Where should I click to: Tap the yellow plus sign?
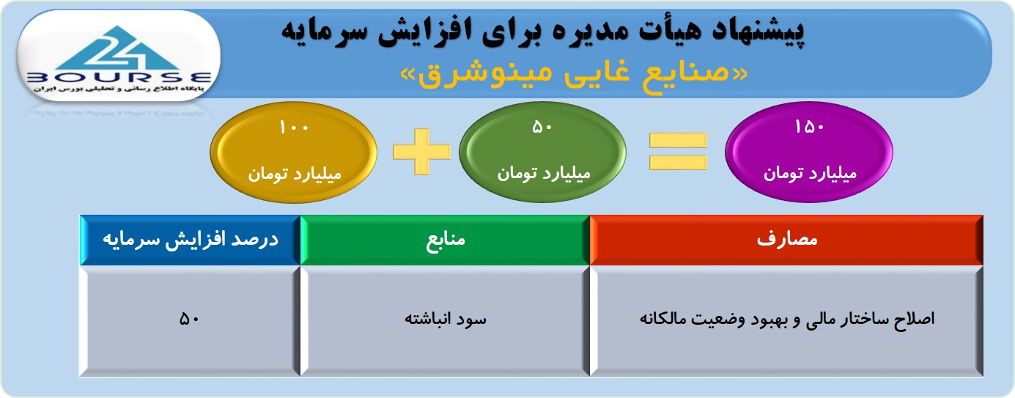[421, 152]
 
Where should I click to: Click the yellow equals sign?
[678, 152]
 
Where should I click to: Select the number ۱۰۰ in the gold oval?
[294, 128]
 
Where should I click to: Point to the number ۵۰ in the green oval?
[542, 128]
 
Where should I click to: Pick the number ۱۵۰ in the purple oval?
[809, 127]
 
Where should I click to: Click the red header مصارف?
[786, 240]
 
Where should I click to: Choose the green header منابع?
[445, 240]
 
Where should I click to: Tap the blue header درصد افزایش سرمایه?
[191, 240]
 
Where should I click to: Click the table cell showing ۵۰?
[190, 320]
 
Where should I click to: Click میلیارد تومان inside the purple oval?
[810, 174]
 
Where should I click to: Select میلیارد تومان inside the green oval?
[544, 174]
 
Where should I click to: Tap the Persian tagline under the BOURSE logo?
[119, 89]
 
